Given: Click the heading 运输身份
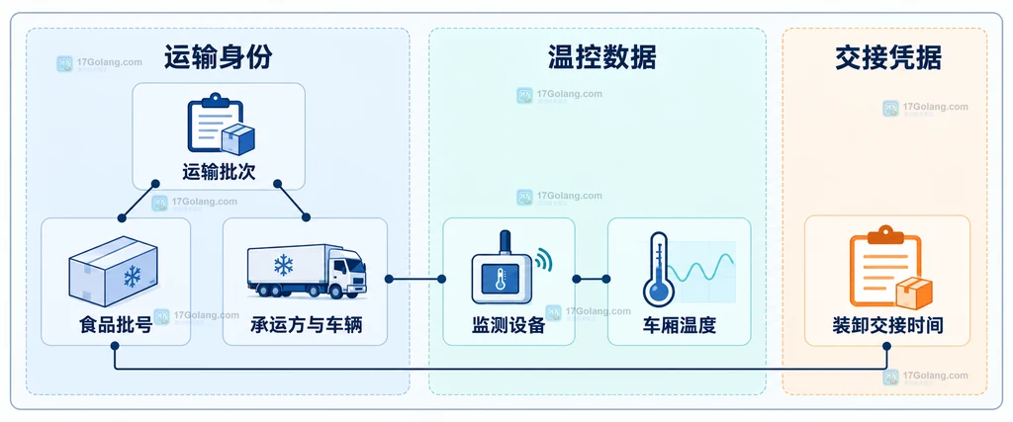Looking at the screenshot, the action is point(218,57).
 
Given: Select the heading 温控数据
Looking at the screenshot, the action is point(601,57).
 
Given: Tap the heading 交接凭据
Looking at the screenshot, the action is point(887,58).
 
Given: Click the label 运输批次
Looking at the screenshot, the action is point(219,172).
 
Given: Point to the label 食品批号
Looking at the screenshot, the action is point(116,324).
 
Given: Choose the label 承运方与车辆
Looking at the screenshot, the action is point(306,324).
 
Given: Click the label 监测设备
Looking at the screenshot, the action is point(508,324).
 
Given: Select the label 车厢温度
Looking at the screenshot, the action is point(679,324).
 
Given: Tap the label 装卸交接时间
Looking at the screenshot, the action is point(887,324).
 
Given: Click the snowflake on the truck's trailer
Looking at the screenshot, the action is point(283,265).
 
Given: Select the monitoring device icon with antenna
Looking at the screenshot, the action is point(502,268).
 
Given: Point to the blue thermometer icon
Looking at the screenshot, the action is point(658,269).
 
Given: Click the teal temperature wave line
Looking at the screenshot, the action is point(701,267).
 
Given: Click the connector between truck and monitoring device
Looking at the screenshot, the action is point(414,279).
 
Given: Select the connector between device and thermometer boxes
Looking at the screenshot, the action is point(591,279).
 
